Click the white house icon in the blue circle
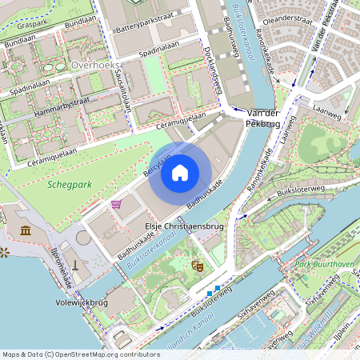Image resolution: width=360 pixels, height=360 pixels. tap(180, 172)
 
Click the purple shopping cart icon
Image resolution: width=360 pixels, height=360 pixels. tap(116, 204)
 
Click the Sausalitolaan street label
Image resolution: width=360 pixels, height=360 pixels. tap(125, 88)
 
